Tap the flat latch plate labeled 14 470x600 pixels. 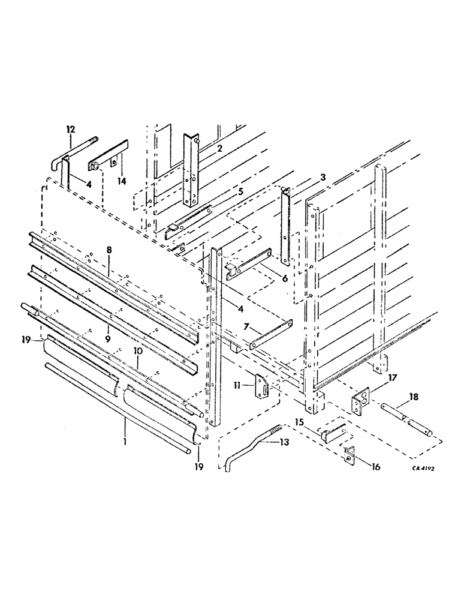pyautogui.click(x=108, y=157)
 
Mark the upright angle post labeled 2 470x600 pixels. pyautogui.click(x=190, y=171)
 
